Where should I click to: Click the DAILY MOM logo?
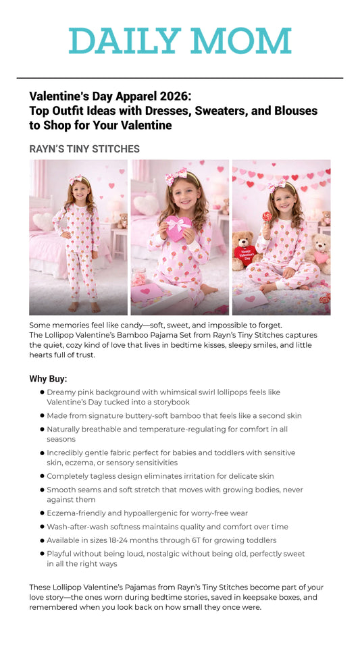[180, 41]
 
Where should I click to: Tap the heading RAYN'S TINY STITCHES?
[84, 149]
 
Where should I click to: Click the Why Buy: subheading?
[48, 379]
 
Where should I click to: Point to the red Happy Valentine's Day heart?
[245, 253]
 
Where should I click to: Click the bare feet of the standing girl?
[84, 307]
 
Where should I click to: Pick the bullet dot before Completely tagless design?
[42, 476]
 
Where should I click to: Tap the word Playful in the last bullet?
[61, 554]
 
